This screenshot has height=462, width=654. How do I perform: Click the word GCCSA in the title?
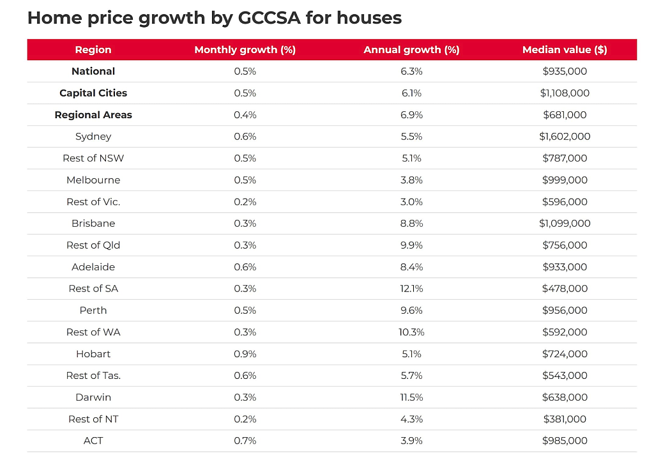(x=269, y=18)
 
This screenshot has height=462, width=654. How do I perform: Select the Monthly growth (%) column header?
(x=245, y=50)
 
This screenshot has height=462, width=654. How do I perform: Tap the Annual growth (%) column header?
(x=411, y=50)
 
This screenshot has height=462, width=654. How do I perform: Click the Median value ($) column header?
(x=565, y=50)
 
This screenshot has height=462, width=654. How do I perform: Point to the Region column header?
(x=93, y=50)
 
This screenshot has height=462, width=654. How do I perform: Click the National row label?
(x=93, y=72)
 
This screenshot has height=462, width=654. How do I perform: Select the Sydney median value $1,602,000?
(x=565, y=137)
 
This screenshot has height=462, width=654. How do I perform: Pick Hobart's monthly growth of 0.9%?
(x=245, y=354)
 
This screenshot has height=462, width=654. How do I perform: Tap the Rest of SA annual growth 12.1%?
(x=411, y=289)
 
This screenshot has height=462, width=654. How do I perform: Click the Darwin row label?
(x=93, y=397)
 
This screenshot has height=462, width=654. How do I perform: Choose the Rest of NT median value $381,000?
(x=565, y=419)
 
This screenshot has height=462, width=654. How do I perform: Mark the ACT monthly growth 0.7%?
(x=245, y=441)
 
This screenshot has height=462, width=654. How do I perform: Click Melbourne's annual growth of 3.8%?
(x=411, y=180)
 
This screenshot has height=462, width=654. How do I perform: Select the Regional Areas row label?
(x=93, y=115)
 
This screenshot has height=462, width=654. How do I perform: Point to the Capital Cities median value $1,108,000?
(x=565, y=93)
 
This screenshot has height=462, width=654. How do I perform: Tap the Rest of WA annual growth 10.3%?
(x=411, y=332)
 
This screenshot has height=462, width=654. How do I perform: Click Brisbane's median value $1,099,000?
(x=565, y=223)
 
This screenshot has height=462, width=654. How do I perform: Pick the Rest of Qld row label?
(x=93, y=245)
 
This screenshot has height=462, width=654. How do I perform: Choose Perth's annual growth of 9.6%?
(x=411, y=311)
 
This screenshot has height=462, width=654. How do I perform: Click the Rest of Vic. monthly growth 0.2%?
(x=245, y=202)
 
